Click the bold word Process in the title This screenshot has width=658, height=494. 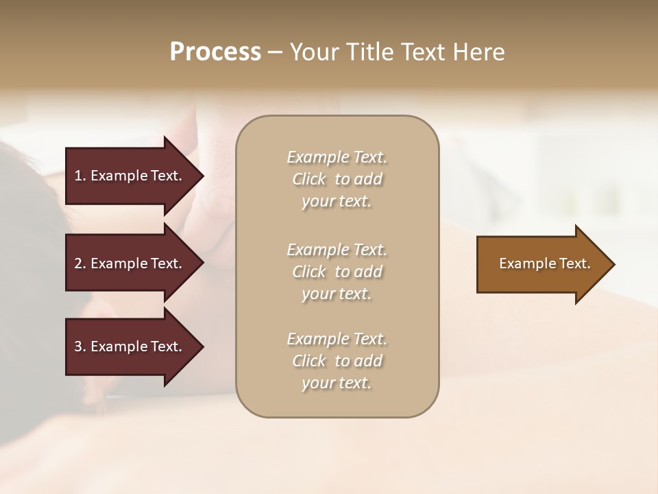coord(215,52)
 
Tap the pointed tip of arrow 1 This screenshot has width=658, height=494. coord(202,176)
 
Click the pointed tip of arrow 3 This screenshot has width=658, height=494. coord(202,346)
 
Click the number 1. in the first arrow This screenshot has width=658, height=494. coord(80,176)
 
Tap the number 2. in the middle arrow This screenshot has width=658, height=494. coord(80,263)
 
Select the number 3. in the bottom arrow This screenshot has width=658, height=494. coord(80,346)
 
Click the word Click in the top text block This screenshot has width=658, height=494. coord(309,179)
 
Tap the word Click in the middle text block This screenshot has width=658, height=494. coord(309,272)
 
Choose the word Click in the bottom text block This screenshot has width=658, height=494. coord(309,361)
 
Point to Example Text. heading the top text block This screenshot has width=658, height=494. coord(337,157)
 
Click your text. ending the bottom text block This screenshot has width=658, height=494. coord(337,383)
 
